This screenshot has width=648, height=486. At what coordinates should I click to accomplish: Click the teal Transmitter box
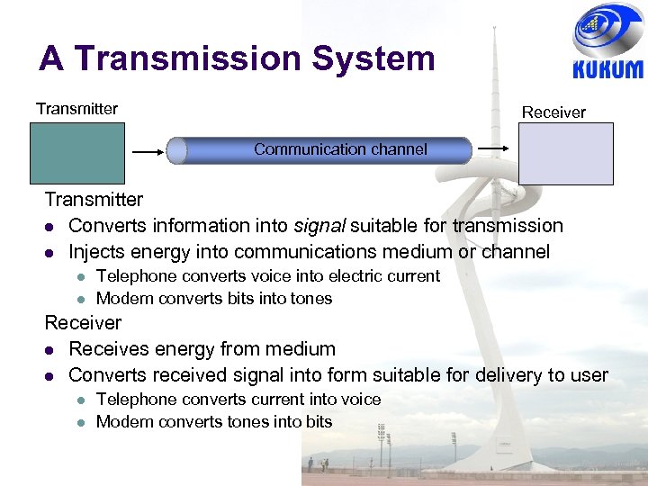[x=76, y=153]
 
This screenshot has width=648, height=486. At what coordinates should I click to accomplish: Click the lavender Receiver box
[x=566, y=154]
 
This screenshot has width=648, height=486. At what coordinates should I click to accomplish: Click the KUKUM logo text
[x=607, y=69]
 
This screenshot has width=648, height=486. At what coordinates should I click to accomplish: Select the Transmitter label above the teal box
[x=76, y=109]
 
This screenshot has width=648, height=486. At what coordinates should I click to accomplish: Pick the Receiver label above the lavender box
[x=553, y=112]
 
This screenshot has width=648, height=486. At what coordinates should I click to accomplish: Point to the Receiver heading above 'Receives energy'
[x=83, y=322]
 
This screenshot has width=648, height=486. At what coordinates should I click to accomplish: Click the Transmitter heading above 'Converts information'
[x=94, y=199]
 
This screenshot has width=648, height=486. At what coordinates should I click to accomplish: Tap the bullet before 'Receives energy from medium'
[x=51, y=349]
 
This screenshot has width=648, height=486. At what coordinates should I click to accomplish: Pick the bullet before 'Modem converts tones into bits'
[x=78, y=422]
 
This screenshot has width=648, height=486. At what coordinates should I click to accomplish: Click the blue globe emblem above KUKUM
[x=607, y=29]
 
